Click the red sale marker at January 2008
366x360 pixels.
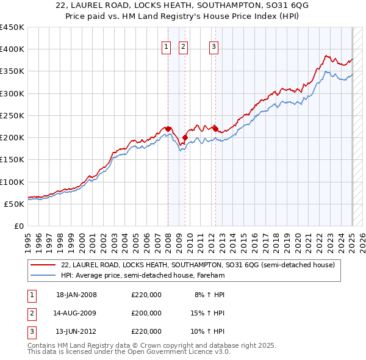click(168, 129)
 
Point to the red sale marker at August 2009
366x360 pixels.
click(185, 137)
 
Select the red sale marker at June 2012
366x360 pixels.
click(215, 129)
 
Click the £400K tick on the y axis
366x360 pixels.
click(12, 49)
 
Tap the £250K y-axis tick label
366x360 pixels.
click(12, 115)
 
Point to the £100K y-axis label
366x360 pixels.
click(12, 182)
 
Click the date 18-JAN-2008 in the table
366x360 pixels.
click(76, 295)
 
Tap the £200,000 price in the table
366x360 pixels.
click(146, 313)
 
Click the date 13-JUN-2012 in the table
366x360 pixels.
click(76, 331)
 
